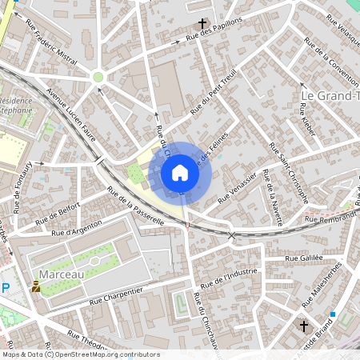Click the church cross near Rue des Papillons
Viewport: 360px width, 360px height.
coord(203,24)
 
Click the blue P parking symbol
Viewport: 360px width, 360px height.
coord(6,287)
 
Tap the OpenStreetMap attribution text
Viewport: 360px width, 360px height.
coord(81,354)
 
